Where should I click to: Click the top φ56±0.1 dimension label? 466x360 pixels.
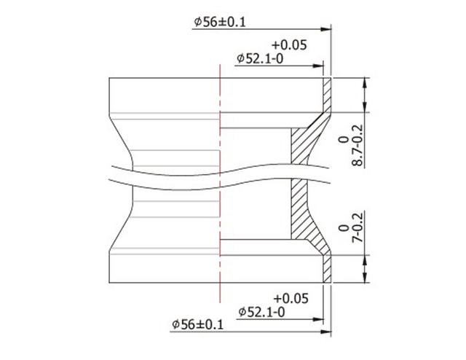(x=220, y=22)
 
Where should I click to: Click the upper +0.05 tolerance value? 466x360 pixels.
(x=289, y=44)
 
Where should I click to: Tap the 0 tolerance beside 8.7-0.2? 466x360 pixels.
(x=342, y=138)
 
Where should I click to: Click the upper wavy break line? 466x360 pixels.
(x=218, y=173)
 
